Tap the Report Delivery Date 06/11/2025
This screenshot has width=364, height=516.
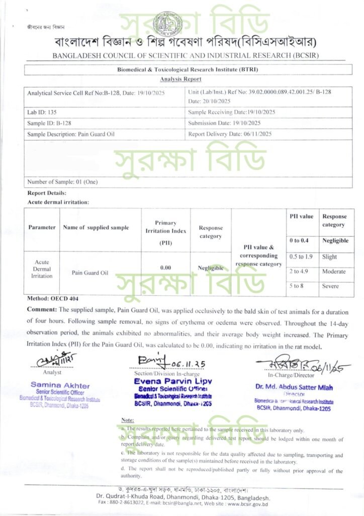click(230, 135)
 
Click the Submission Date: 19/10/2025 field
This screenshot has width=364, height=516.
click(224, 123)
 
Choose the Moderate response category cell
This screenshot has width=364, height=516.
click(334, 272)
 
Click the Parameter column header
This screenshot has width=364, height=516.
click(42, 227)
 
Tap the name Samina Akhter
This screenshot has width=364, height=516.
click(60, 385)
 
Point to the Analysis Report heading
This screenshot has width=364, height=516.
click(180, 79)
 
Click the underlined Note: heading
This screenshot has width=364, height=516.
click(127, 420)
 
